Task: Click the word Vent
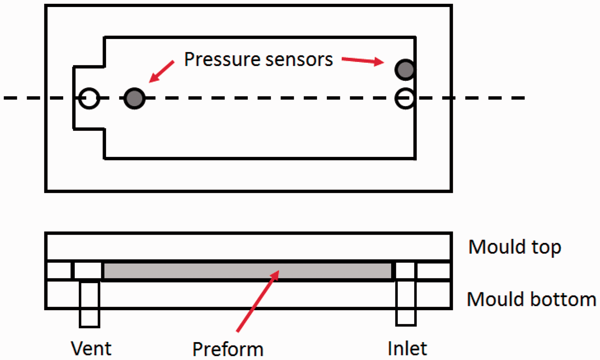(x=91, y=348)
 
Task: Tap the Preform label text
(x=228, y=349)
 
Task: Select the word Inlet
(x=407, y=348)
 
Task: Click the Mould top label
(x=515, y=247)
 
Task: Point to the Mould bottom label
(x=532, y=299)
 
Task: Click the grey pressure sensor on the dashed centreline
(x=134, y=98)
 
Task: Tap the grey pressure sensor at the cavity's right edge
(x=405, y=69)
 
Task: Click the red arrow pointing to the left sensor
(x=161, y=72)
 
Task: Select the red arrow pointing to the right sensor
(x=363, y=61)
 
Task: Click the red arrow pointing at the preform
(x=258, y=301)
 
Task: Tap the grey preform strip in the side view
(x=248, y=271)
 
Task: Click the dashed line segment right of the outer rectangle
(x=489, y=98)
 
